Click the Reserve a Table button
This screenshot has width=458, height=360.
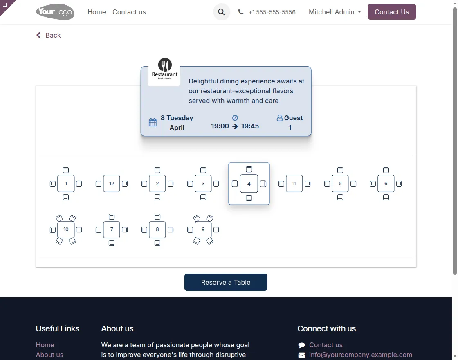226,282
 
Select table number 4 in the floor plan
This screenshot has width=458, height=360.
249,184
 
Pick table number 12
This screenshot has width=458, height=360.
112,184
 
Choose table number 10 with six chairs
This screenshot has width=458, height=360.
66,229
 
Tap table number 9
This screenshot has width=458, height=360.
203,229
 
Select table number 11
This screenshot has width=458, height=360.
294,184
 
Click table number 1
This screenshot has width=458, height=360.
66,184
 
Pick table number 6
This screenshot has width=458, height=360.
386,184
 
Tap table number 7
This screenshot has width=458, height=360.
112,229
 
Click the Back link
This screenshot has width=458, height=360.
49,35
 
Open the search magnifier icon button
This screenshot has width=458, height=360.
221,12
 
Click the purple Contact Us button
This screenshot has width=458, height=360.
391,12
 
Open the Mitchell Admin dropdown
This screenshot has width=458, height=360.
335,12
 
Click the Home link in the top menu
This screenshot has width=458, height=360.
97,12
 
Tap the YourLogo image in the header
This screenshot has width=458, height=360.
55,12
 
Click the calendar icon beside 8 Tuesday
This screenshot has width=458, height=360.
153,122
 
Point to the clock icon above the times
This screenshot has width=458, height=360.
235,118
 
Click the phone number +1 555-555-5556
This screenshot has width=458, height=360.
272,12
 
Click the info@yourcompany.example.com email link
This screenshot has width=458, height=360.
360,355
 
